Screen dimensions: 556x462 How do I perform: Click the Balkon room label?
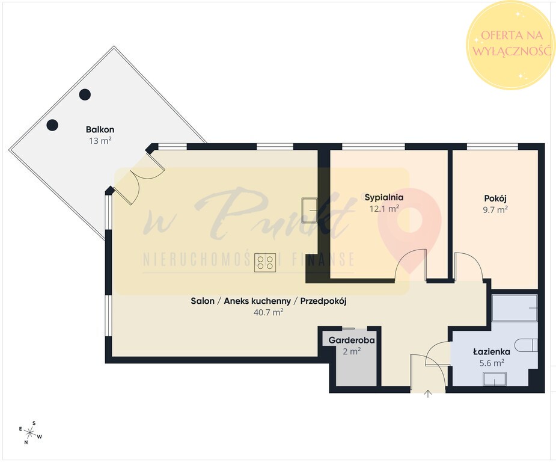(x=100, y=129)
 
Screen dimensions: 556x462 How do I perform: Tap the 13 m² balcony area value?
(x=100, y=141)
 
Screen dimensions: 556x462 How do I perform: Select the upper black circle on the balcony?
(x=85, y=94)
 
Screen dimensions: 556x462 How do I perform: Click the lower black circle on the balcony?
(x=52, y=125)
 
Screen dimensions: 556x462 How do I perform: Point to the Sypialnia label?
(x=384, y=197)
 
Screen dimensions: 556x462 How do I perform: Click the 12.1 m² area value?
(x=384, y=209)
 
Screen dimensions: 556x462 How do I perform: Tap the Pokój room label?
(x=495, y=198)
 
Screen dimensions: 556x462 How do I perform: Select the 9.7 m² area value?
(x=495, y=210)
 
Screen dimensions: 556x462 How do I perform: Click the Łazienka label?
(x=492, y=352)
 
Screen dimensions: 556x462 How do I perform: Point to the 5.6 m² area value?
(x=492, y=363)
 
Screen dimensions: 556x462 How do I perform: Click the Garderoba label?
(x=352, y=340)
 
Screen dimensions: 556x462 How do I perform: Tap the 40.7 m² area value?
(x=269, y=313)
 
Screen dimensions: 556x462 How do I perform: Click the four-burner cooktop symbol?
(x=265, y=263)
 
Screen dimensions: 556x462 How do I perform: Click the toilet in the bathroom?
(x=526, y=345)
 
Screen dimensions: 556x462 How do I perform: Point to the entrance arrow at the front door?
(x=429, y=393)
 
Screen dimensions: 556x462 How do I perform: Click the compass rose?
(x=31, y=433)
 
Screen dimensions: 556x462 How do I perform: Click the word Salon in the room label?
(x=203, y=301)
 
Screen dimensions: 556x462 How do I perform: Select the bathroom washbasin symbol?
(x=495, y=380)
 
